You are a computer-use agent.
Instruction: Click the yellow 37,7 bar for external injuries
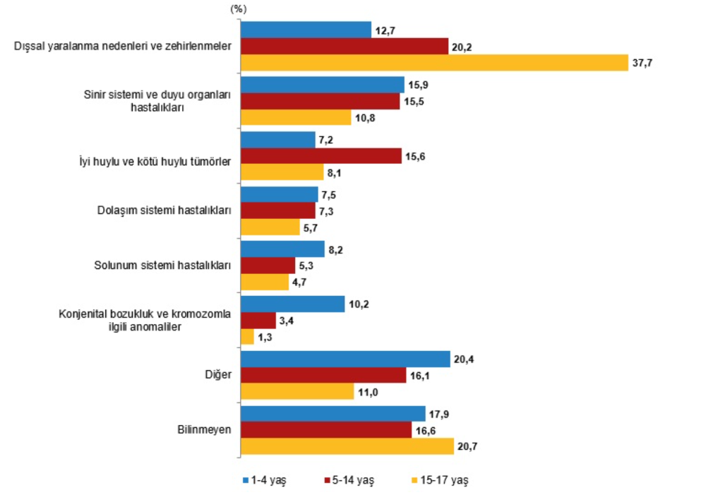[434, 62]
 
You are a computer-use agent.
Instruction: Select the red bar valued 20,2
[345, 46]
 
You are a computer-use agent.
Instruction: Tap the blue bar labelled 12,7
[306, 30]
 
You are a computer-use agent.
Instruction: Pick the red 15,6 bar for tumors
[321, 156]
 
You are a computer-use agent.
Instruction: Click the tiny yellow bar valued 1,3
[247, 337]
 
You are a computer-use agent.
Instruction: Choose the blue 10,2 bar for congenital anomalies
[292, 304]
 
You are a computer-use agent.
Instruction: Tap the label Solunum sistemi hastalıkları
[163, 266]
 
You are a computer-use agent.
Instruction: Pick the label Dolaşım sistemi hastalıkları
[164, 210]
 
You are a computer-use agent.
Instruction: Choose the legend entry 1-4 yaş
[268, 480]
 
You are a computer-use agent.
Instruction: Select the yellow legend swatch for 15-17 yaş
[413, 480]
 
